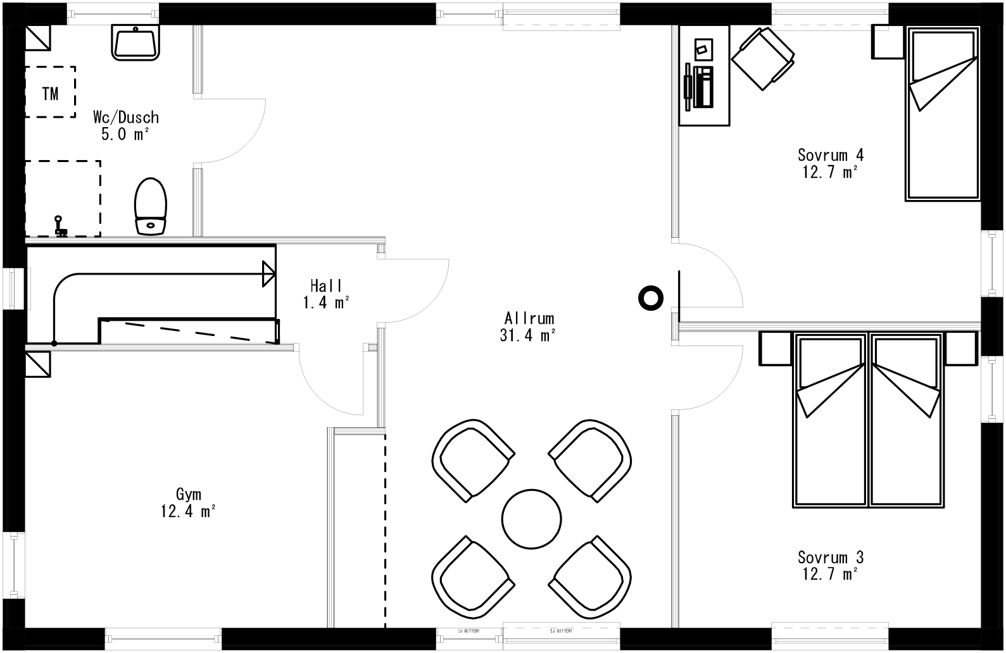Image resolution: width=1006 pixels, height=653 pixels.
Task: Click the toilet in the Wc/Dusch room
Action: point(150,206)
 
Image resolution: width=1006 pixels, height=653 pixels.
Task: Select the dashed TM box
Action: point(50,92)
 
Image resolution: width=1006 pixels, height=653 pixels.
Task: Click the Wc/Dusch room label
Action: point(125,118)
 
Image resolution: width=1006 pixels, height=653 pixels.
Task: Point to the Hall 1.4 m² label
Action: point(326,294)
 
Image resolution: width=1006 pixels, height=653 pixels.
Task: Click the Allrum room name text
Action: point(529,318)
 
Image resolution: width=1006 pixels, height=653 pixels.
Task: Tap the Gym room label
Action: point(189,494)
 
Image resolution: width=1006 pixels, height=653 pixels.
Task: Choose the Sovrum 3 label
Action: point(830,557)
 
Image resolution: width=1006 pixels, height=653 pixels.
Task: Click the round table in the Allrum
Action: point(531,519)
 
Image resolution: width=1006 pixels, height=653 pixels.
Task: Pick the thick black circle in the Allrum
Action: point(650,297)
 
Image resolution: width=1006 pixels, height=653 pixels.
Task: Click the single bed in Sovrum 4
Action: point(943,114)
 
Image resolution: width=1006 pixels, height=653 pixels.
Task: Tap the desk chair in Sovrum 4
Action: point(762,58)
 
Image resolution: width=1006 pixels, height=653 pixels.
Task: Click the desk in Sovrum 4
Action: point(704,76)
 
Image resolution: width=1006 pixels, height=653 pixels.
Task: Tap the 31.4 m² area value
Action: point(527,335)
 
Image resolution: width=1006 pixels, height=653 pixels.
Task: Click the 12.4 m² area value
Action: point(188,511)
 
